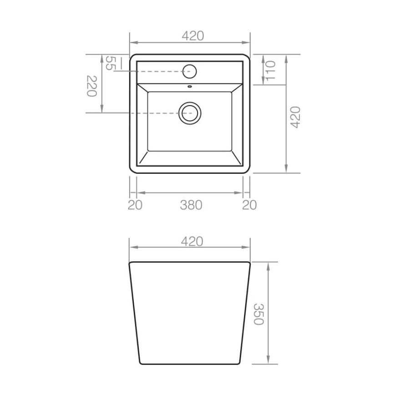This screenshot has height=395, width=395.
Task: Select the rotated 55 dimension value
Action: pos(110,63)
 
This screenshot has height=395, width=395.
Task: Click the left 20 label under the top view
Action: pos(135,205)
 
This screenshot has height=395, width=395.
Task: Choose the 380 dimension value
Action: pos(191,205)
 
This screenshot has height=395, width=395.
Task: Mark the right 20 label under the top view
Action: pos(249,205)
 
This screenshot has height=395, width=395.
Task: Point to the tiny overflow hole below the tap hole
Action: pos(189,85)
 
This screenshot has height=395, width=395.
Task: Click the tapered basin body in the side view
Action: pos(189,314)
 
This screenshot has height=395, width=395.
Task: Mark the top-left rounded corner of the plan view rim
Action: pos(132,57)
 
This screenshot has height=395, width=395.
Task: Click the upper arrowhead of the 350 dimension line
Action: pos(270,266)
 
